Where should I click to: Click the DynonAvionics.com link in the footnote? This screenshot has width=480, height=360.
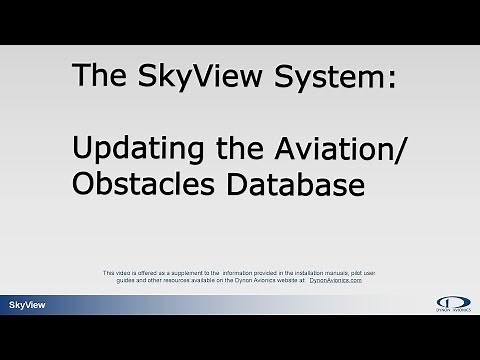click(x=337, y=282)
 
